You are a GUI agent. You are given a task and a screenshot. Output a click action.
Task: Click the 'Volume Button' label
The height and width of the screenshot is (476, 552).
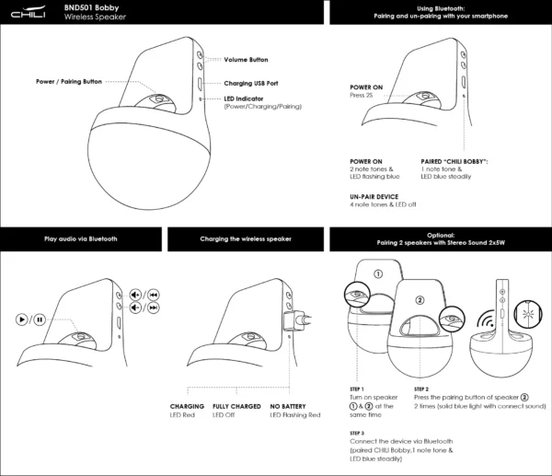(x=246, y=60)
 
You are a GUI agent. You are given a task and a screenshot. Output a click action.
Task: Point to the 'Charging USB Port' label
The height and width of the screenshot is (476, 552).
(x=250, y=83)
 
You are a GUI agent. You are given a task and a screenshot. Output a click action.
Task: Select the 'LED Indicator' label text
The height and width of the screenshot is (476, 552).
(x=248, y=99)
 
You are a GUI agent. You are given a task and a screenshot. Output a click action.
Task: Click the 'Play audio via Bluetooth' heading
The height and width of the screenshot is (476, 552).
(x=81, y=238)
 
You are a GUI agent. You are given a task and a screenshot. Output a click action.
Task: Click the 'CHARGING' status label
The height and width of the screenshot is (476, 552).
(x=187, y=406)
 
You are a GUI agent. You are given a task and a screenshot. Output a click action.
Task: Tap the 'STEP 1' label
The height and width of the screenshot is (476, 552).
(x=357, y=389)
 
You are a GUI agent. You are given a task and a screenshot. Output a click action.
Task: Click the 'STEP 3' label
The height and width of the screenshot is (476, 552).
(x=357, y=432)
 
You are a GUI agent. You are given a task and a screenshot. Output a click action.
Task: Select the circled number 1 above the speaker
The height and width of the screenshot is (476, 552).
(x=377, y=273)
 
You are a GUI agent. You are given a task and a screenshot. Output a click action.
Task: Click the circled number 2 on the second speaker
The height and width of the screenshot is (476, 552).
(x=420, y=299)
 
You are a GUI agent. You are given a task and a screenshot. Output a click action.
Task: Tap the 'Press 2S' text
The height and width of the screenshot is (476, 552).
(x=361, y=94)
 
